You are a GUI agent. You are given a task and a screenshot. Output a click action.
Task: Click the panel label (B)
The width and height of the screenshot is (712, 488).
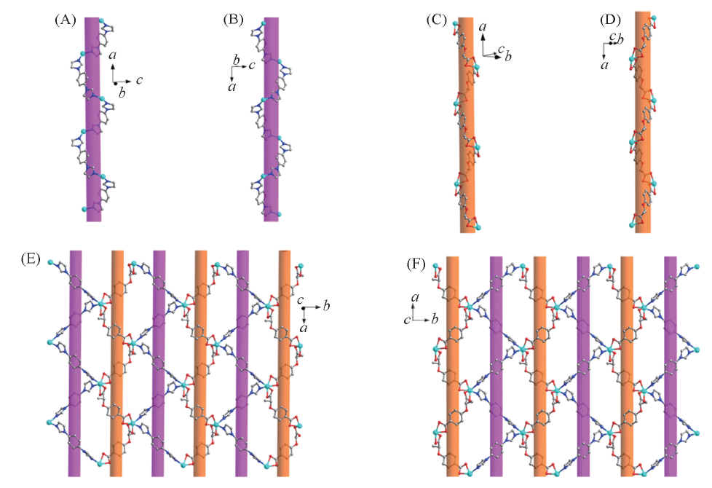pos(234,20)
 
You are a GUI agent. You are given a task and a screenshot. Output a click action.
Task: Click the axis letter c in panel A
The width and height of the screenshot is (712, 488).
pos(139,79)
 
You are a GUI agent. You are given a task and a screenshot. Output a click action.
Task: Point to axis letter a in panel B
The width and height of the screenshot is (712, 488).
pos(232,87)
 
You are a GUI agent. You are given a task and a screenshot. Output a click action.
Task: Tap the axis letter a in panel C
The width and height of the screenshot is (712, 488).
pos(483,27)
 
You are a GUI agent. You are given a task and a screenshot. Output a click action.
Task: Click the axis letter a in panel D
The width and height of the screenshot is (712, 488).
pos(604,66)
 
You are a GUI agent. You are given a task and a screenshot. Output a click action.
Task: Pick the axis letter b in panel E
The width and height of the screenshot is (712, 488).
pos(327,306)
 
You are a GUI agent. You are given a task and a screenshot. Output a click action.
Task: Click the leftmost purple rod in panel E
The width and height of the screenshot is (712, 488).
pos(75,364)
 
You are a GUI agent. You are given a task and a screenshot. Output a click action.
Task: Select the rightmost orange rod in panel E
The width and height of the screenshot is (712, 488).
pos(285,364)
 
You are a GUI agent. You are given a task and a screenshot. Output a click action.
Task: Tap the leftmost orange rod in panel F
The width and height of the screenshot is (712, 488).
pos(452,364)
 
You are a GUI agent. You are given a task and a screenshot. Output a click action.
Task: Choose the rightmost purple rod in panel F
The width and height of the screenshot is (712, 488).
pos(671,364)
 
